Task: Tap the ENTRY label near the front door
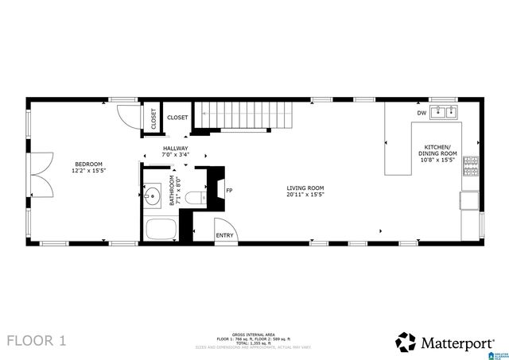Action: pos(225,234)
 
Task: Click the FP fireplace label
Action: pos(229,191)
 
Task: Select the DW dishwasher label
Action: pos(421,113)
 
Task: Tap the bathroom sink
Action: pos(153,194)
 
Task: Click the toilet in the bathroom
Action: pos(201,196)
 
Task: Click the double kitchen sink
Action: pos(445,112)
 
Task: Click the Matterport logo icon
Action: pos(406,342)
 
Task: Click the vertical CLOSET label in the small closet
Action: pos(153,118)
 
